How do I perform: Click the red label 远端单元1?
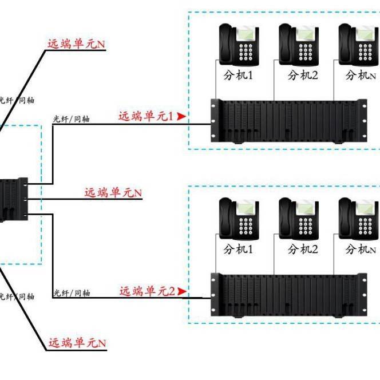tap(146, 116)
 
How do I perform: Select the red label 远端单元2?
tap(147, 291)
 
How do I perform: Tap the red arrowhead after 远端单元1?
tap(181, 116)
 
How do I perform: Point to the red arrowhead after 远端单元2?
tap(182, 291)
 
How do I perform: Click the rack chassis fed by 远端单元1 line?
tap(289, 121)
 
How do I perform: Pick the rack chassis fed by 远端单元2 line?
tap(289, 295)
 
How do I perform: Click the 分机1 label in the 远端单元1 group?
tap(238, 75)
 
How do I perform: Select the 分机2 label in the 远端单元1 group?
tap(303, 75)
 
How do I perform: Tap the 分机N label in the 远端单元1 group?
tap(361, 75)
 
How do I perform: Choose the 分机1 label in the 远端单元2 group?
tap(238, 249)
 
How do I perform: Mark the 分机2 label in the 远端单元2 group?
tap(303, 249)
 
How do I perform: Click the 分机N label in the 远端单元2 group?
tap(361, 249)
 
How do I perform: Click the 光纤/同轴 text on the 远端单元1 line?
tap(71, 119)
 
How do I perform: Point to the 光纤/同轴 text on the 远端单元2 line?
tap(72, 293)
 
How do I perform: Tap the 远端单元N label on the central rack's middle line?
tap(113, 193)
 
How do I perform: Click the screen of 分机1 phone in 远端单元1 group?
tap(246, 34)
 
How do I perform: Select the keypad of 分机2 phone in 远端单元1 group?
tap(305, 52)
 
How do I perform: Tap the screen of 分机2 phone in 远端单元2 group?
tap(306, 208)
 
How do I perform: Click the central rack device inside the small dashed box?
tap(13, 199)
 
